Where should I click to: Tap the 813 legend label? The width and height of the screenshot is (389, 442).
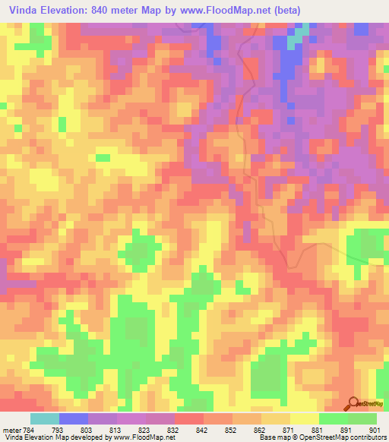(x=117, y=431)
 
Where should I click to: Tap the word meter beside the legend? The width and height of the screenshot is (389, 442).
(x=11, y=431)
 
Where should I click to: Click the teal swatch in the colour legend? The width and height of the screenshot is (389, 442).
(x=45, y=418)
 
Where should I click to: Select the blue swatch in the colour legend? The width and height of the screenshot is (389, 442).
(x=74, y=418)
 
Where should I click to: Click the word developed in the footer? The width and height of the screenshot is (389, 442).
(x=84, y=438)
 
